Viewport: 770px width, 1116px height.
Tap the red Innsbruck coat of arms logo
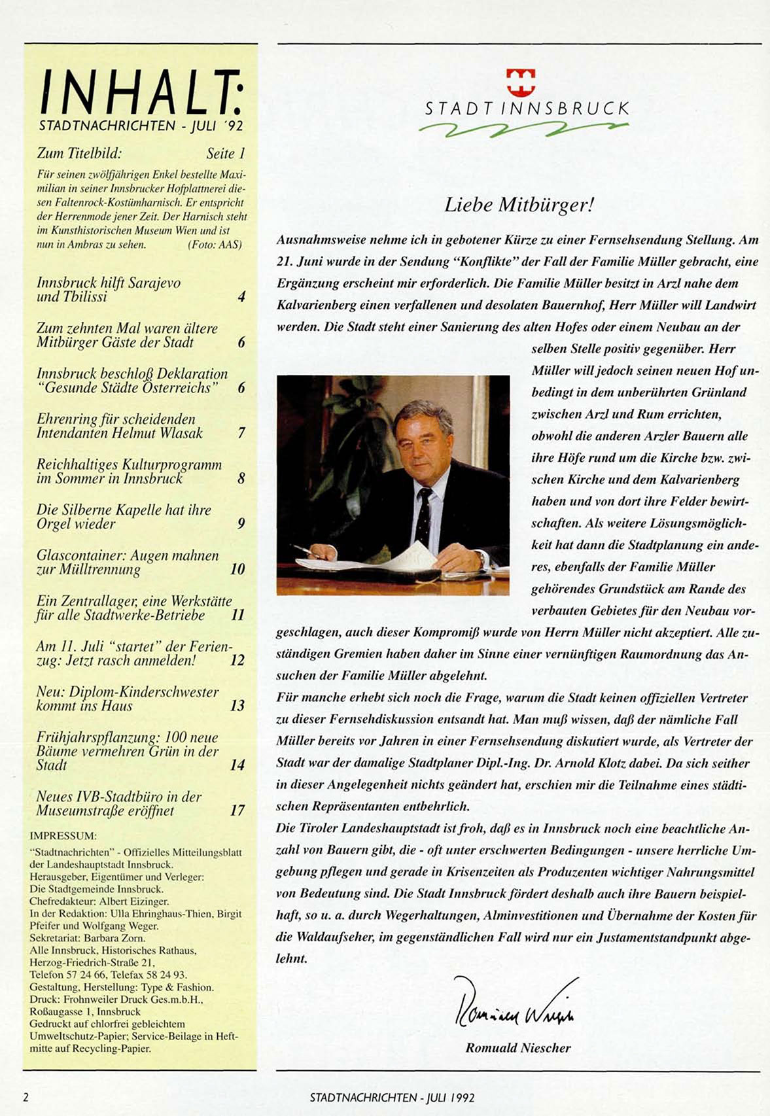click(521, 82)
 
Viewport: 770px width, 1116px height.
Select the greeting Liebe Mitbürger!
click(519, 205)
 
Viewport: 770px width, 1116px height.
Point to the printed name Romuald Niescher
click(518, 1048)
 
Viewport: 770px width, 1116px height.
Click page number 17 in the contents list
click(237, 811)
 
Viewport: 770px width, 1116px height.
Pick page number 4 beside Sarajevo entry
click(241, 296)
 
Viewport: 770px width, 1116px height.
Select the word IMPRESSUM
click(63, 836)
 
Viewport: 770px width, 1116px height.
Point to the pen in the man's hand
click(304, 550)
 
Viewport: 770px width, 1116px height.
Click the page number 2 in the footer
click(26, 1097)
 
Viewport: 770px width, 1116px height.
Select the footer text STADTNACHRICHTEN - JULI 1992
click(393, 1097)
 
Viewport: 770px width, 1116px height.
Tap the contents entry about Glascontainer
click(128, 563)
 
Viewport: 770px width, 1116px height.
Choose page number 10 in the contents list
click(237, 569)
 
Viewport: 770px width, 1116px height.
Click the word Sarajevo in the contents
click(154, 283)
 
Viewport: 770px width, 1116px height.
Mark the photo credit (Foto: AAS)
click(215, 245)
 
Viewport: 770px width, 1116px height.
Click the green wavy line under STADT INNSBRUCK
click(523, 129)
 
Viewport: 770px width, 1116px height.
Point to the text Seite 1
click(226, 154)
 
